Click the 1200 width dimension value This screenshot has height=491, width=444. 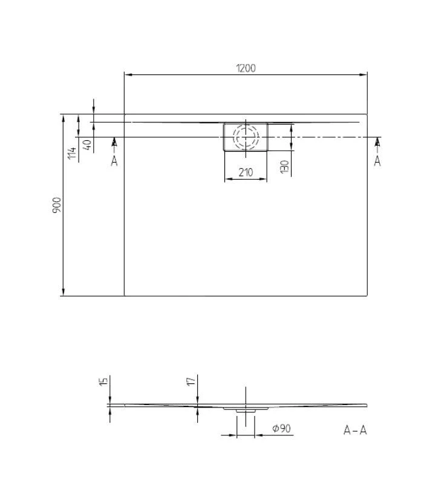coord(246,68)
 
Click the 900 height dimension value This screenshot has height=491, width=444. coord(56,205)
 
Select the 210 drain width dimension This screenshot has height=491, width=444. coord(245,172)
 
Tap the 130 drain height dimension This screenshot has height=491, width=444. coord(284,166)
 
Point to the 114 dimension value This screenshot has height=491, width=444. coord(71,153)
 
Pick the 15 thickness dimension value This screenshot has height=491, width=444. coord(103,381)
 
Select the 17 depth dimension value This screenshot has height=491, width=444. coord(190,381)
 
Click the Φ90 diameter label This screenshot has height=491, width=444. coord(282,428)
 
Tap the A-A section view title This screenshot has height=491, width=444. coord(355,430)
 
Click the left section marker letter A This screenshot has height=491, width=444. coord(114,161)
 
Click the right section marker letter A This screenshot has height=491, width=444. coord(377,161)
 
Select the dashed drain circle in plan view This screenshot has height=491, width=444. coord(246,137)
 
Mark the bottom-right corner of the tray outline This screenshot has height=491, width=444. coord(367,296)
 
